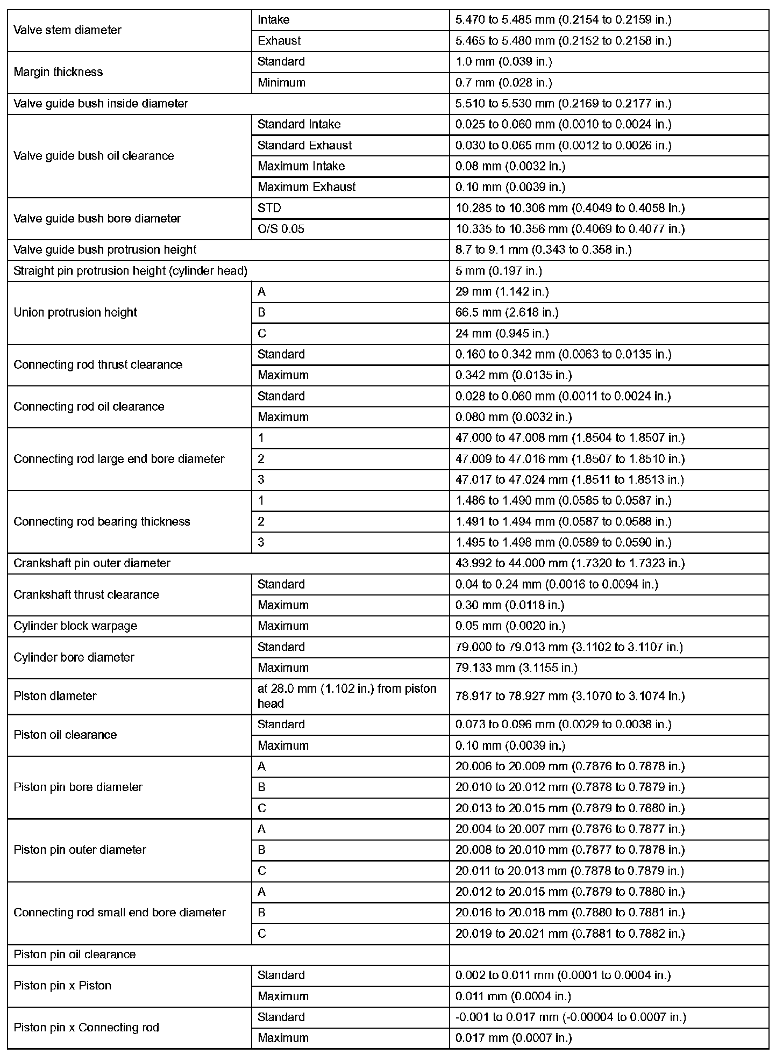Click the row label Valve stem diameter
[x=68, y=30]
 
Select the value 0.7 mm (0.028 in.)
[x=503, y=83]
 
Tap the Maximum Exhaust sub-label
[x=307, y=187]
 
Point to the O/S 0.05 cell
[x=281, y=229]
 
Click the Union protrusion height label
[x=75, y=313]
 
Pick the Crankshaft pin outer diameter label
[x=92, y=563]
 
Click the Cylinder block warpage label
[x=75, y=626]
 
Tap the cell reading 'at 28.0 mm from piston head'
[x=347, y=696]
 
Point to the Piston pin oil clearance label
[x=75, y=955]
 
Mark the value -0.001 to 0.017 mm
[x=571, y=1017]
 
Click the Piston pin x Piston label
[x=62, y=986]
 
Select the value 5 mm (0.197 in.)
[x=499, y=271]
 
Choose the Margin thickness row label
[x=58, y=72]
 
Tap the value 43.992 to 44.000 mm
[x=570, y=563]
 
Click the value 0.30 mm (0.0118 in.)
[x=510, y=605]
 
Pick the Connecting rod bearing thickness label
[x=102, y=521]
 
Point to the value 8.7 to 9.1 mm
[x=543, y=250]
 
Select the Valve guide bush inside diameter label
[x=101, y=104]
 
